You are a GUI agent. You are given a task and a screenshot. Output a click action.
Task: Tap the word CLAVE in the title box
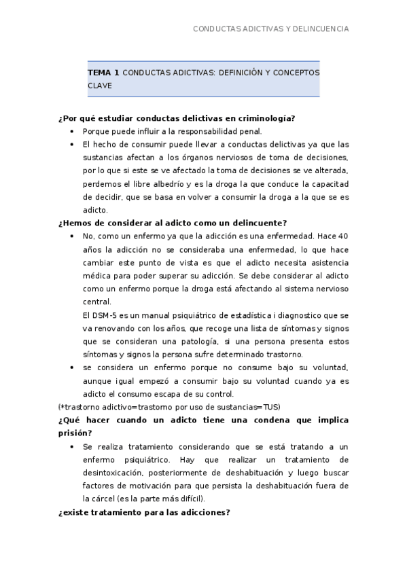point(99,86)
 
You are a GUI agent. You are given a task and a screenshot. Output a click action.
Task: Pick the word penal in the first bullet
point(250,132)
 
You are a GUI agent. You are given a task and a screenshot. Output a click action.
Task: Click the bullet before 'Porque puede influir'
point(73,132)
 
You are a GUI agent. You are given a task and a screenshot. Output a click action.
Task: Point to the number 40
point(343,236)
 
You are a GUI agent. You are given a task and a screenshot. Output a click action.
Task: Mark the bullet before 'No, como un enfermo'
point(73,236)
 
